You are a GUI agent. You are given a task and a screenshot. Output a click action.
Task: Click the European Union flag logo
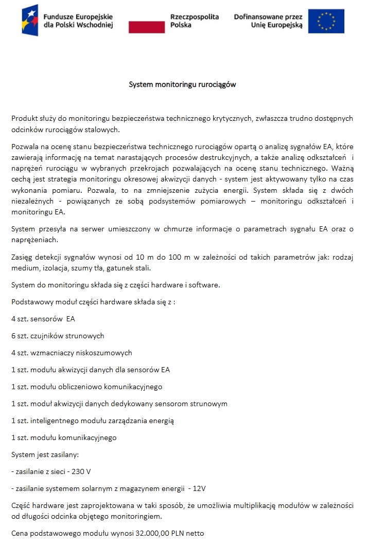[326, 21]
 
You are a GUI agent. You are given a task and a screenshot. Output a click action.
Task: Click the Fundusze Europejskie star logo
[30, 20]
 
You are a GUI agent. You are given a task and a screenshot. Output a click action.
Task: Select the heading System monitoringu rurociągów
[182, 84]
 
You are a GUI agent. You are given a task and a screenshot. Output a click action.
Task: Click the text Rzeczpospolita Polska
[194, 21]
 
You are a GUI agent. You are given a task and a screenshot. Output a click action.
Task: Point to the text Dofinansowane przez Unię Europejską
[268, 21]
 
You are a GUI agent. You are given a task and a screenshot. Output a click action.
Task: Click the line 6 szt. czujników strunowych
[58, 336]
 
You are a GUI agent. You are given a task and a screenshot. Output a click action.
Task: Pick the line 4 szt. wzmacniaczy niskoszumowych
[72, 353]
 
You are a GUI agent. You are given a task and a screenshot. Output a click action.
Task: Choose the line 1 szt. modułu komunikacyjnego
[64, 438]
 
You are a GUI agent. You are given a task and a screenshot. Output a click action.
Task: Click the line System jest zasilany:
[45, 454]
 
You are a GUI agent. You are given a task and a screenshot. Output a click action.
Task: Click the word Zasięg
[23, 257]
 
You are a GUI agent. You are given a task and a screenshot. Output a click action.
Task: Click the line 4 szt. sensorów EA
[43, 319]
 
